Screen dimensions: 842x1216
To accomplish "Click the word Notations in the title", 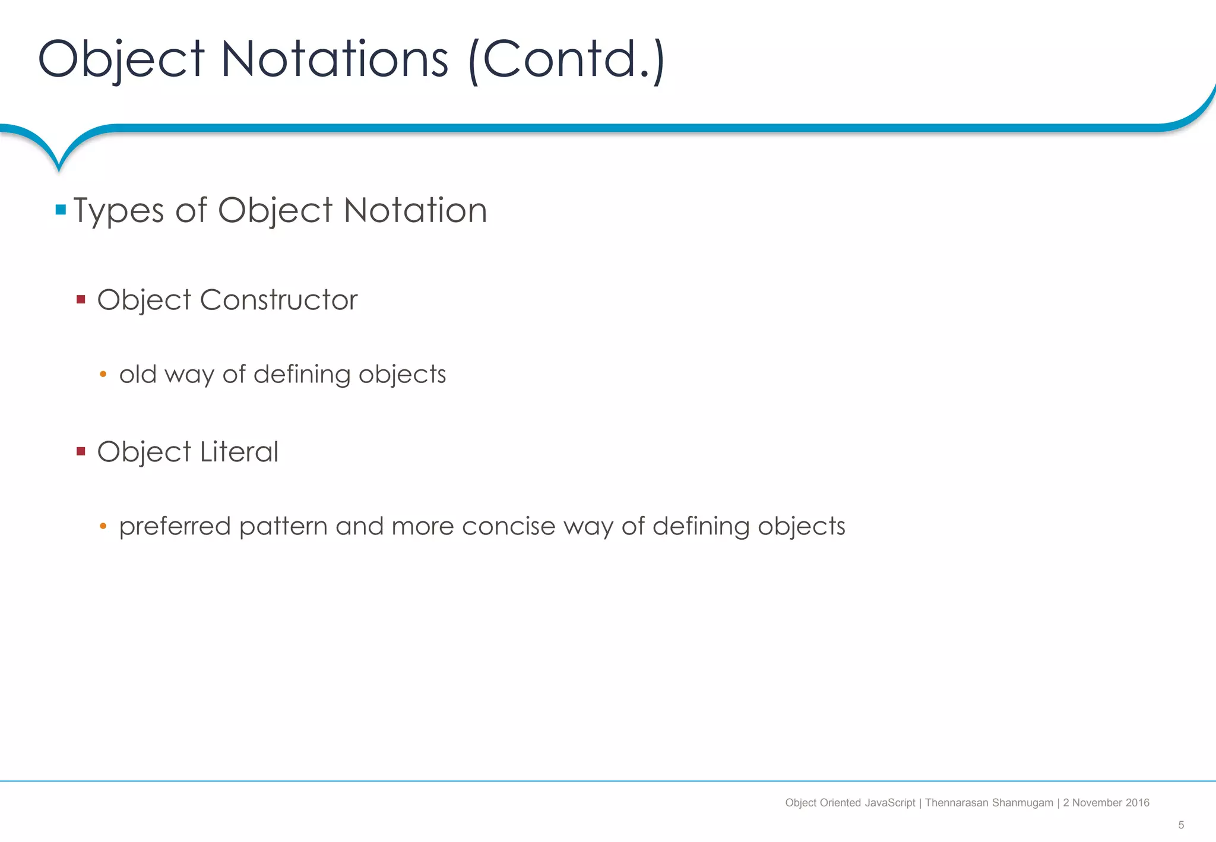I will (334, 59).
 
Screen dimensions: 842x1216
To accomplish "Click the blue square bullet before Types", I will (61, 210).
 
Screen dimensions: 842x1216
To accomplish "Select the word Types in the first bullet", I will (119, 211).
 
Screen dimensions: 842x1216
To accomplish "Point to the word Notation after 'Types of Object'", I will (415, 211).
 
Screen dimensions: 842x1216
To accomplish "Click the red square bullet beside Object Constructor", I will (81, 299).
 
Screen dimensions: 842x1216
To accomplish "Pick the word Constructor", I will (278, 299).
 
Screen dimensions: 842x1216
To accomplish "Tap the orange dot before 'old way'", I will (103, 374).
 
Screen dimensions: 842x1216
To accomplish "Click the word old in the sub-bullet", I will (138, 374).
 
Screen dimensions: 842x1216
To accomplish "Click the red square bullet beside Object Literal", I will (81, 451).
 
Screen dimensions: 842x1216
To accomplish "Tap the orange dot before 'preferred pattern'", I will (103, 526).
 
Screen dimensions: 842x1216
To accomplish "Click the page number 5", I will (1181, 825).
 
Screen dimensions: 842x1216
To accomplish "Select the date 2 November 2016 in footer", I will (1106, 803).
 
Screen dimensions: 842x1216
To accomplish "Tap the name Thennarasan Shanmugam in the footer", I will (989, 803).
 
